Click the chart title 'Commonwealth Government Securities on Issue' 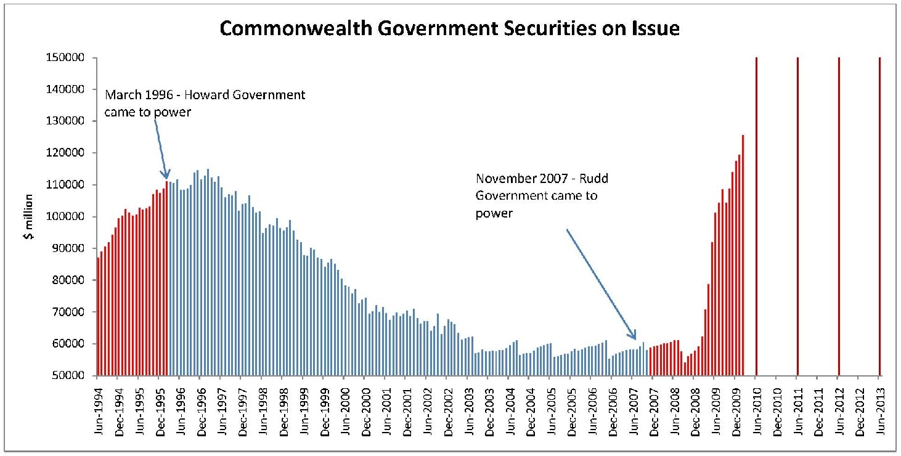(x=449, y=29)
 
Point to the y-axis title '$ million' (x=29, y=216)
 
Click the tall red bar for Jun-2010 (x=756, y=216)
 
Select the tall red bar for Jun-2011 (x=797, y=216)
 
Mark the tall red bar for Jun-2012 (x=839, y=216)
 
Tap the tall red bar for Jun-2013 (x=879, y=216)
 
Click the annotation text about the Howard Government (x=205, y=104)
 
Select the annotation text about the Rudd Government (x=545, y=195)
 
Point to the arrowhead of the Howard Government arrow (x=166, y=177)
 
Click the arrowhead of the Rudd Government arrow (x=634, y=337)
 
